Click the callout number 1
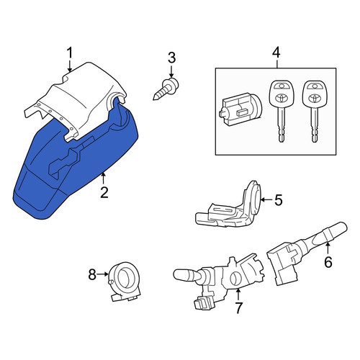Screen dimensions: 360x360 coord(70,53)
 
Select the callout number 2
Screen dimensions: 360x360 coord(104,192)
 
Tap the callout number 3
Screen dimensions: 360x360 coord(171,58)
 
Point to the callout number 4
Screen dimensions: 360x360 coord(276,53)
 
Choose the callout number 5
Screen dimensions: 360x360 coord(279,200)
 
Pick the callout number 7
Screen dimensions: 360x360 coord(238,308)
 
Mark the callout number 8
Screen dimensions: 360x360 coord(92,274)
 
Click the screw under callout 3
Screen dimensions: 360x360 coord(166,89)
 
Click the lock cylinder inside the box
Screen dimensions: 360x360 coord(240,109)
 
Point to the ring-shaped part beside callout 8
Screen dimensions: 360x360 coord(125,281)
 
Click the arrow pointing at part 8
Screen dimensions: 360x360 coord(103,274)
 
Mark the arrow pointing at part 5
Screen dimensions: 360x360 coord(266,199)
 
